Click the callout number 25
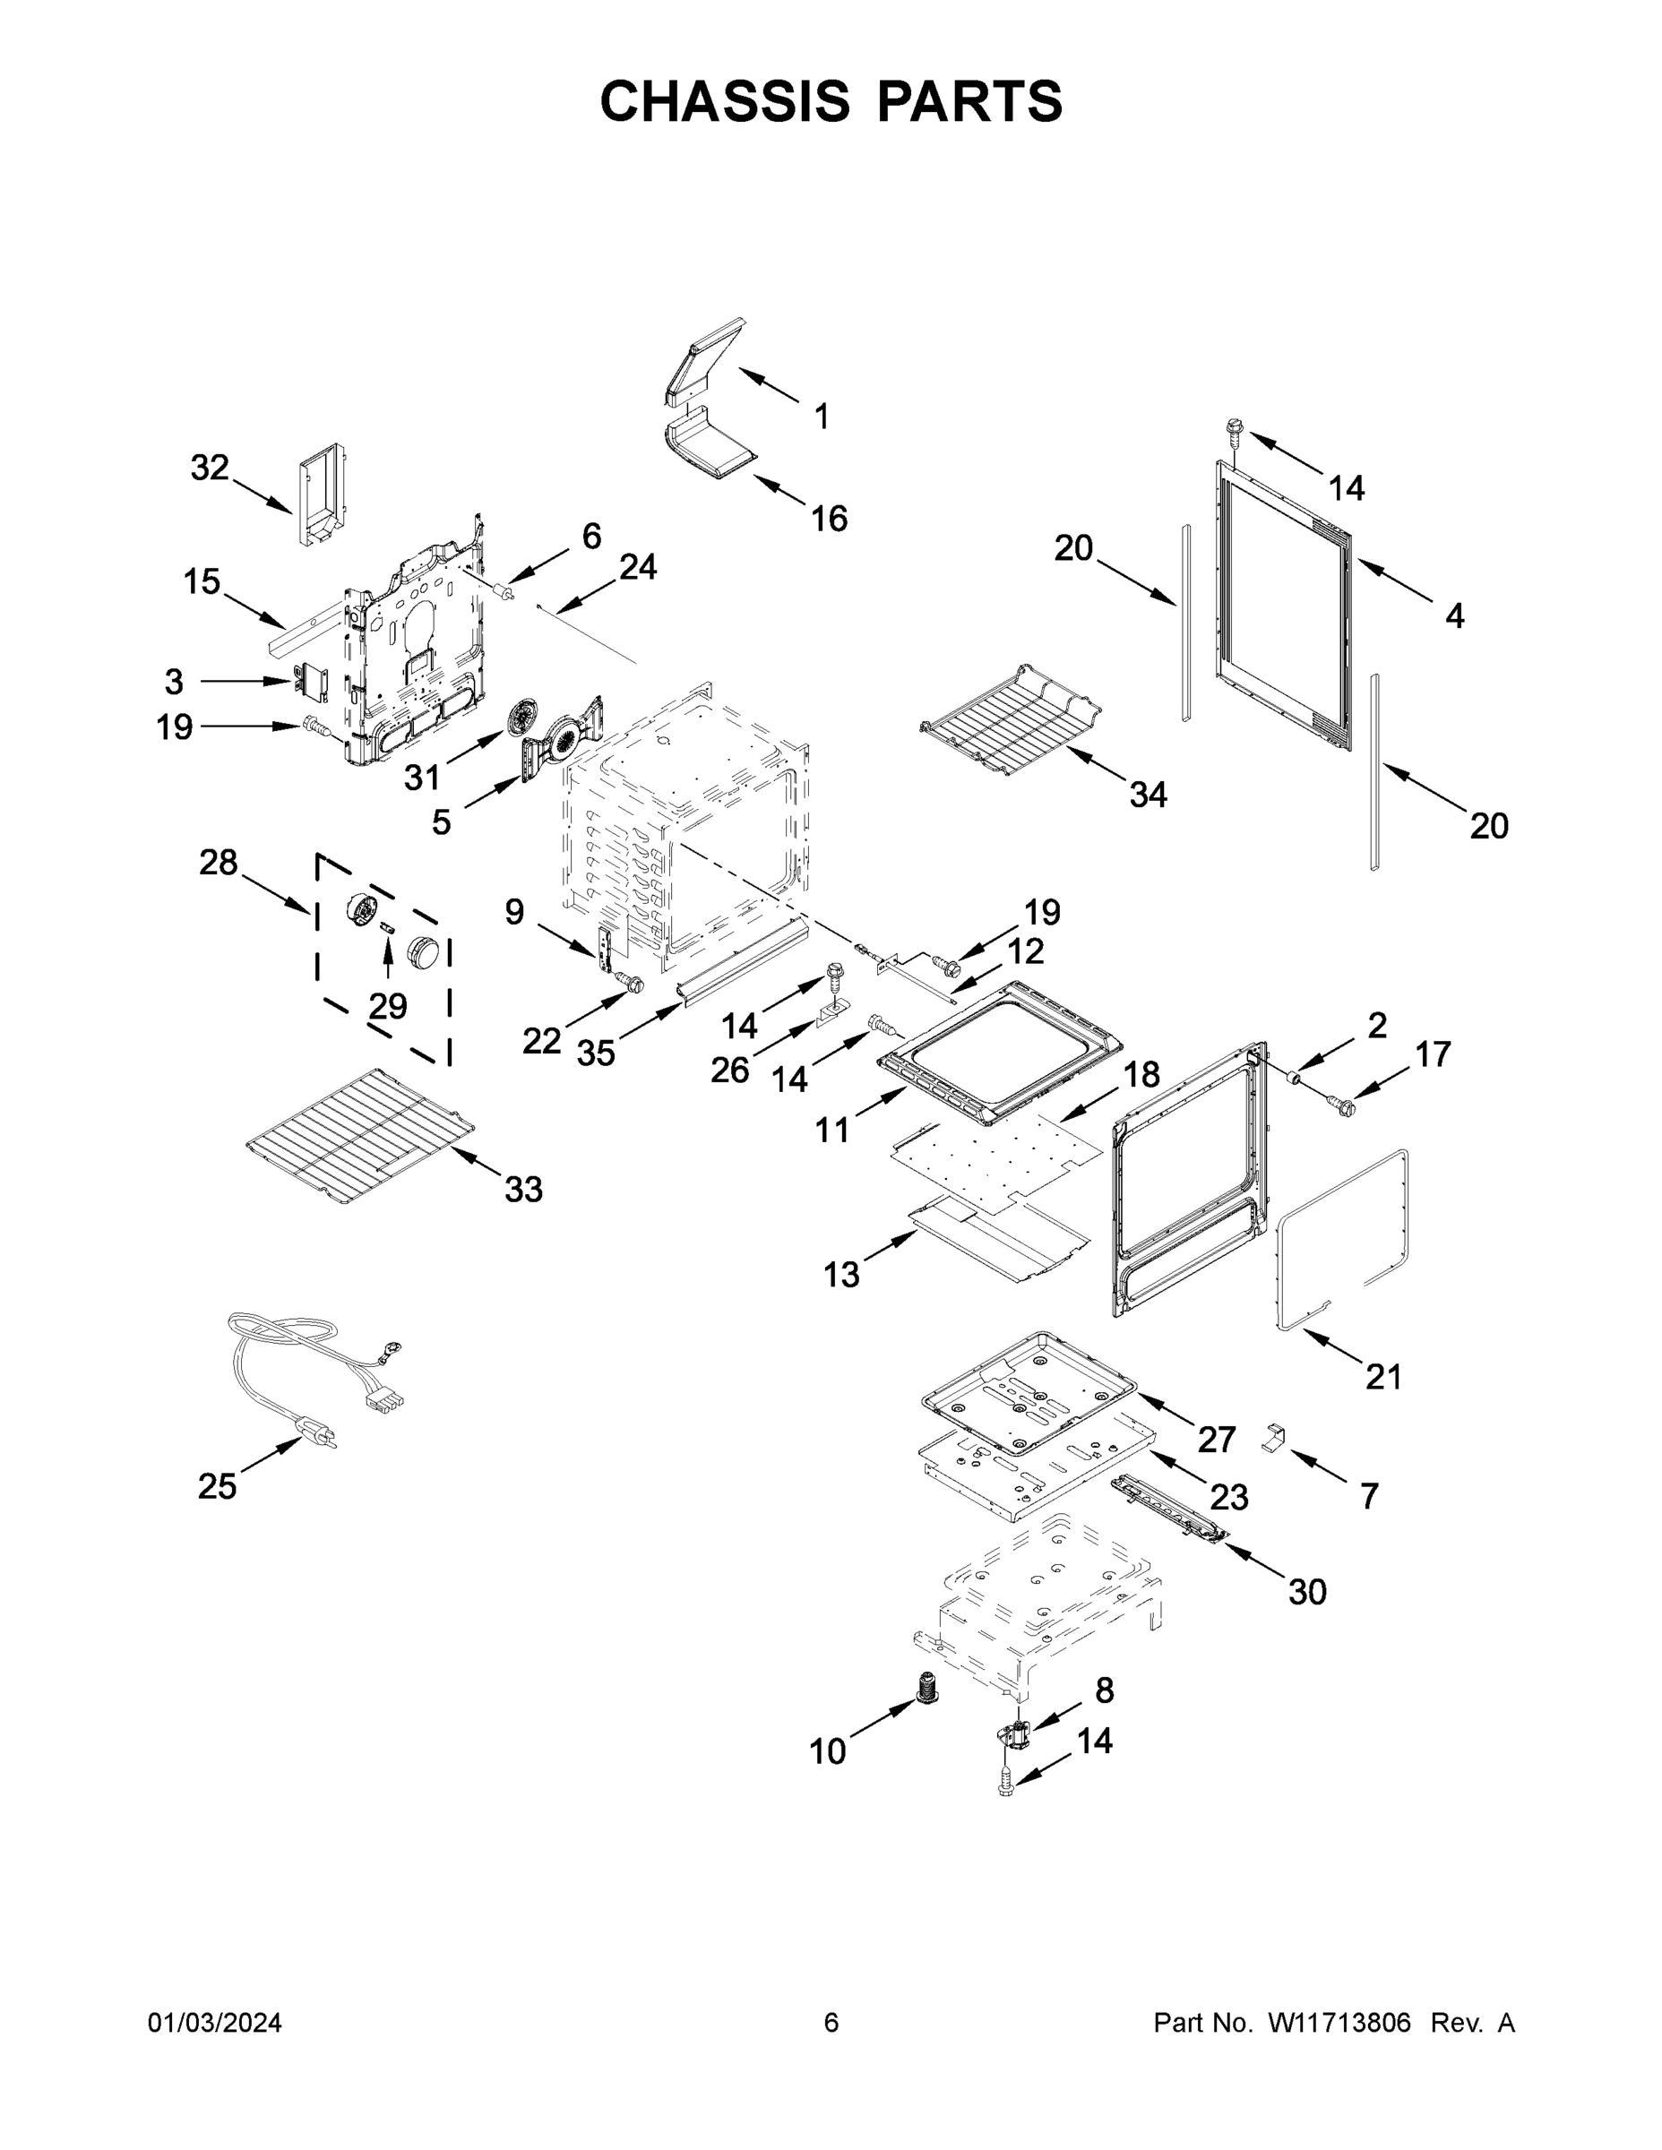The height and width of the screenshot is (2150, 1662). click(x=217, y=1485)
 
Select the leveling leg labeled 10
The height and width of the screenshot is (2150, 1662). click(x=926, y=1689)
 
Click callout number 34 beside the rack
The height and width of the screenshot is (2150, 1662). click(x=1148, y=794)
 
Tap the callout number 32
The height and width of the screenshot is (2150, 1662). click(x=210, y=468)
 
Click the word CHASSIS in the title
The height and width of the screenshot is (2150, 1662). click(x=725, y=101)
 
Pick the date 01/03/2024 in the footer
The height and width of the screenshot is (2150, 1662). click(x=215, y=2022)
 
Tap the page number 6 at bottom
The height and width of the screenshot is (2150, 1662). click(x=831, y=2022)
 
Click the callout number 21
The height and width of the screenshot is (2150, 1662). click(x=1382, y=1376)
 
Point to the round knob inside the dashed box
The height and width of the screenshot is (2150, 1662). click(x=425, y=950)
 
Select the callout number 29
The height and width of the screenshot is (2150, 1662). click(x=388, y=1005)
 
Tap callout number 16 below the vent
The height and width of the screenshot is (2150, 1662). click(x=829, y=518)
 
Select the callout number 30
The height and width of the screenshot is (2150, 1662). click(x=1307, y=1591)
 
